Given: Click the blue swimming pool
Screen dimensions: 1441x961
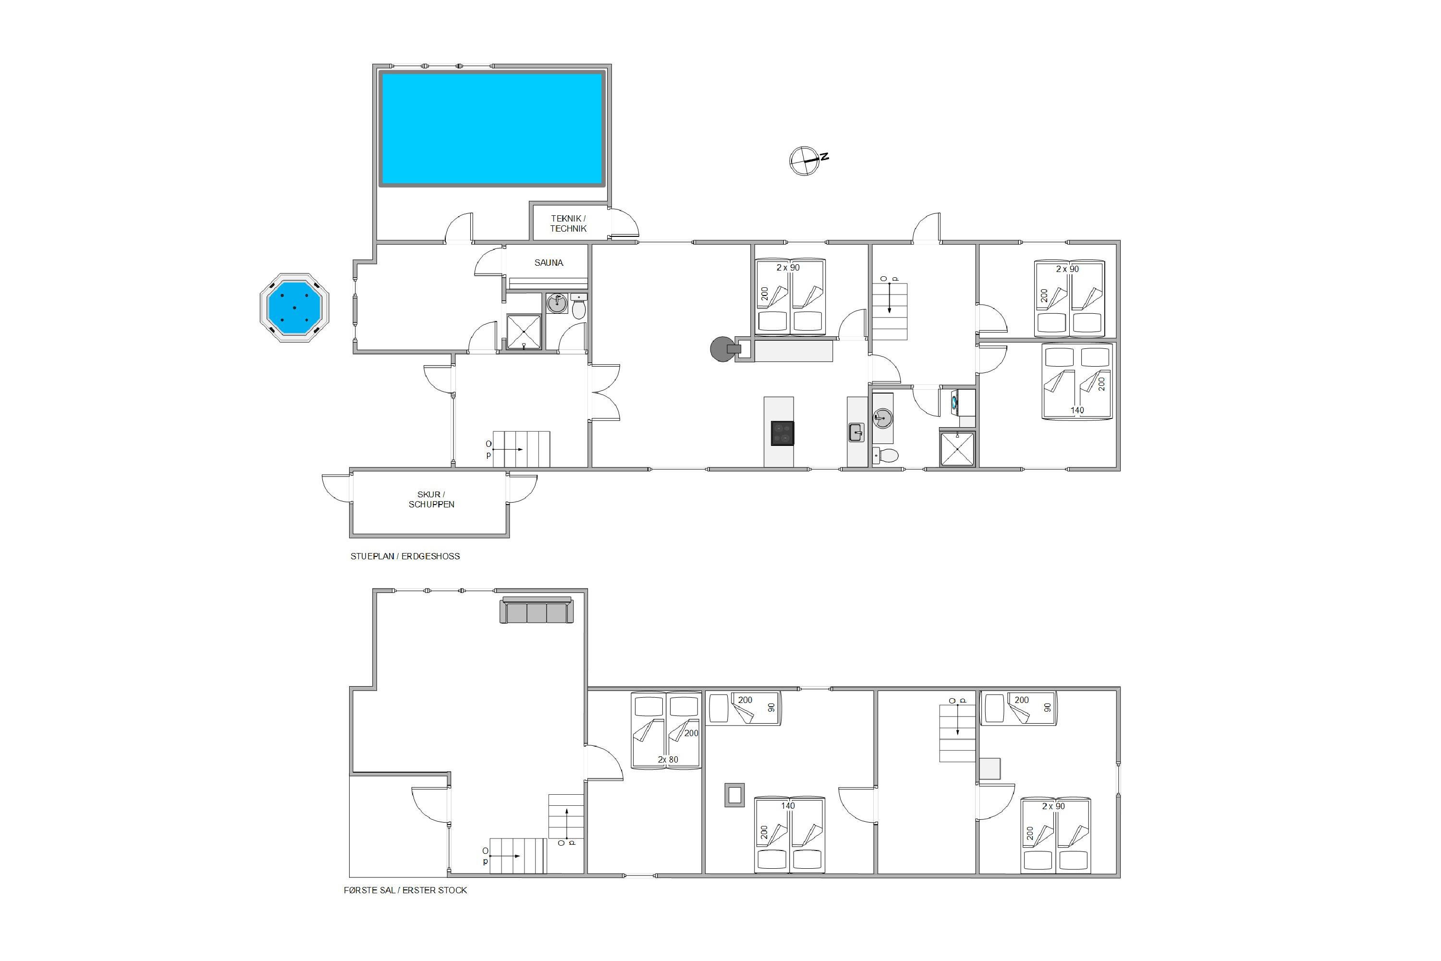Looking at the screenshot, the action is point(492,128).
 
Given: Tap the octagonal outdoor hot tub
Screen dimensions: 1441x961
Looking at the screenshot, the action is point(295,308).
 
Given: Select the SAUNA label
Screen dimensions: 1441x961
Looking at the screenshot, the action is point(549,263).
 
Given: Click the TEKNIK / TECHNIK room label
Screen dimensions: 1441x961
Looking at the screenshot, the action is point(568,223).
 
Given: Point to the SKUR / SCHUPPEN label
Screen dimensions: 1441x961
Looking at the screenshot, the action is point(431,500).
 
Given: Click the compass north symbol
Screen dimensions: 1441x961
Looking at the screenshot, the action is point(807,161).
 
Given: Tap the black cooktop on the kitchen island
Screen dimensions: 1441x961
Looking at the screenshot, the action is point(782,433).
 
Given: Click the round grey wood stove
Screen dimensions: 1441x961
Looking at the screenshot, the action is point(722,349).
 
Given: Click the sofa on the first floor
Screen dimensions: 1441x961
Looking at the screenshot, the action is point(537,610).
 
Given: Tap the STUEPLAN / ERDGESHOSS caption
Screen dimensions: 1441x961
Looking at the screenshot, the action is point(405,556).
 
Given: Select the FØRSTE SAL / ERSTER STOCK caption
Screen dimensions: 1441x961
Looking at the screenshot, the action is point(405,890).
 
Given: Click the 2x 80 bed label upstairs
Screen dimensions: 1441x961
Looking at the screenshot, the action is point(668,759).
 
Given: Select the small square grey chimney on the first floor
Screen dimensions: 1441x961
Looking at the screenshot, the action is point(734,795).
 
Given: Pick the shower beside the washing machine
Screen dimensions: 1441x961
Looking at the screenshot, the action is point(957,449).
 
